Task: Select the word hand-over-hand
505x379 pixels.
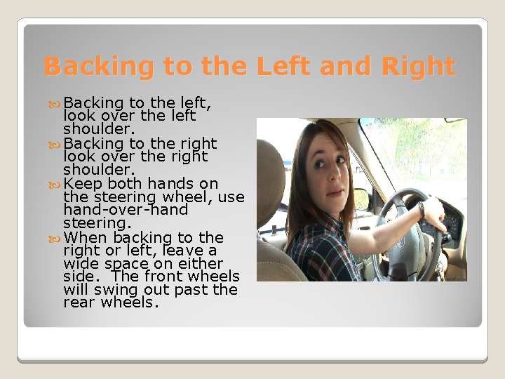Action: [126, 211]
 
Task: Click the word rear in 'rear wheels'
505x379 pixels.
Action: [78, 303]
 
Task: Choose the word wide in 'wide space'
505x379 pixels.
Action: [79, 263]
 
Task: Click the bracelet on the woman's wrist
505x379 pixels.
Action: [421, 211]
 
